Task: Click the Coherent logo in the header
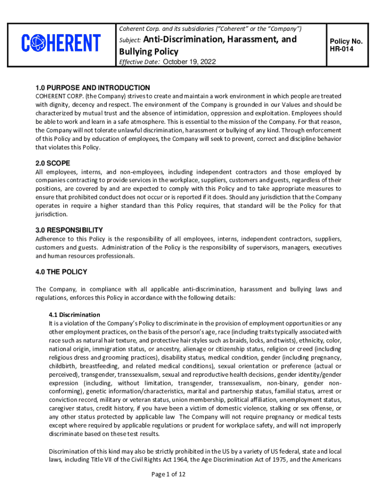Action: tap(61, 43)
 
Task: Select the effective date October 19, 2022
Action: tap(189, 62)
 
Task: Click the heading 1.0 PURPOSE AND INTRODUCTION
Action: tap(93, 88)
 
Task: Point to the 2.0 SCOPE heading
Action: tap(52, 163)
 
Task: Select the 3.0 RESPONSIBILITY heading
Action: tap(69, 230)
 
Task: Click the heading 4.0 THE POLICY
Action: tap(61, 272)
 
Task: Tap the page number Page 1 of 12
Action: tap(168, 474)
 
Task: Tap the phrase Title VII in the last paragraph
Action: tap(101, 459)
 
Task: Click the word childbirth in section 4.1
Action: tap(63, 365)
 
